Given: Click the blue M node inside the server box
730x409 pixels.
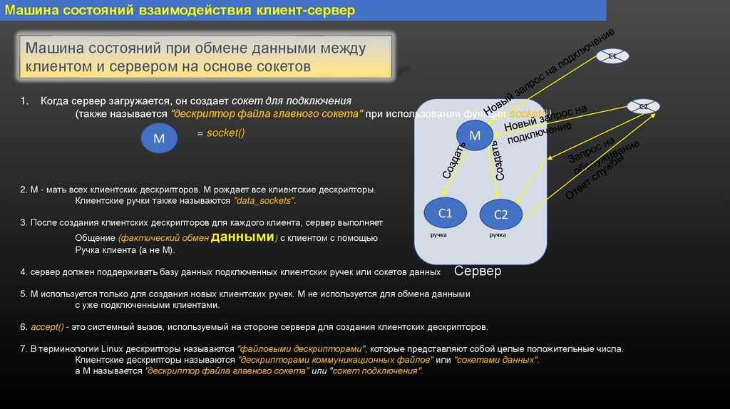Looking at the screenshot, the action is [x=474, y=135].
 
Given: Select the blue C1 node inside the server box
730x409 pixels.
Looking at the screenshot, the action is [x=445, y=212].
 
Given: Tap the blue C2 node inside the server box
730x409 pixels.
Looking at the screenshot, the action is [x=501, y=214].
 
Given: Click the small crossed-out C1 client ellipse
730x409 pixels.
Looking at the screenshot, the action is [x=612, y=56].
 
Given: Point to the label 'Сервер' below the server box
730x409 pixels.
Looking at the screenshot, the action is [x=478, y=271].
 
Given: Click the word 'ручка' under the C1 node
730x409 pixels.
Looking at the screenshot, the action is [x=438, y=234].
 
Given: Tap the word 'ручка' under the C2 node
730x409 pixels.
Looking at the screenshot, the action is [x=498, y=234].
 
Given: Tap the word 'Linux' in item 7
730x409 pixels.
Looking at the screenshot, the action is [x=114, y=349].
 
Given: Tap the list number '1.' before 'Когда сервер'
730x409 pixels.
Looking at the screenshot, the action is [x=25, y=101].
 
